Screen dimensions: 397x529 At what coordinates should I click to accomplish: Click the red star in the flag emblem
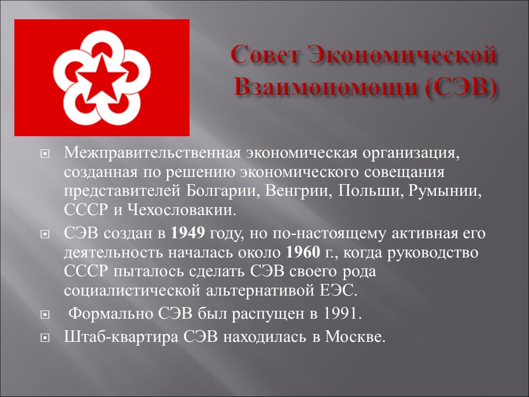101,78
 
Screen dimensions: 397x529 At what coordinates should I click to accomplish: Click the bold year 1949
188,233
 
